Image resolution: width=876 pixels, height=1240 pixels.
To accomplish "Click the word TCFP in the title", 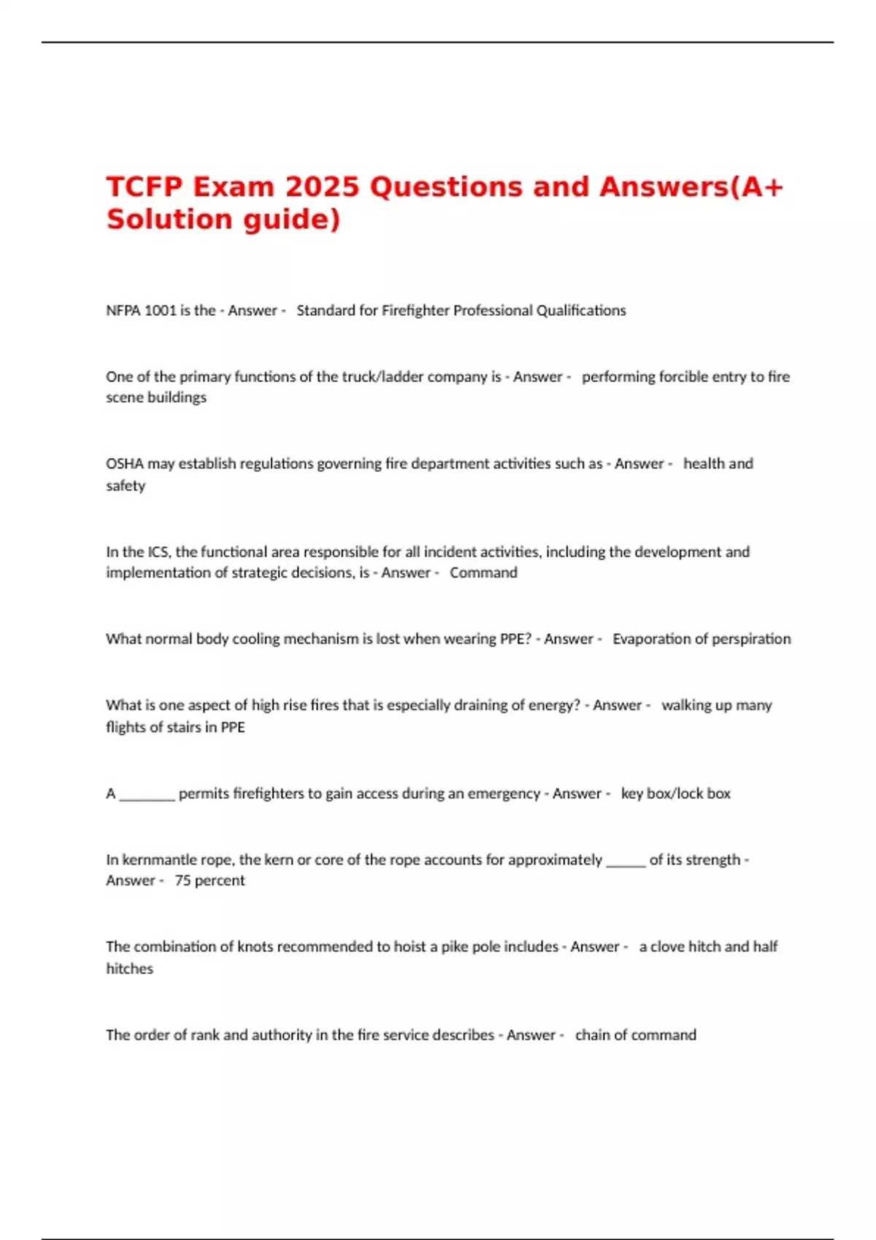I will tap(144, 187).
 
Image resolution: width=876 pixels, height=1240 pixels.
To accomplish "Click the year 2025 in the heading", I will tap(322, 187).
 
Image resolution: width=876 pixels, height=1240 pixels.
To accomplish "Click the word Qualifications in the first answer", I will tap(581, 311).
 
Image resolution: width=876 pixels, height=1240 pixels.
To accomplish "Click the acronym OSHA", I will tap(125, 464).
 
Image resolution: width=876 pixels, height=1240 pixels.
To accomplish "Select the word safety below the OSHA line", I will tap(126, 486).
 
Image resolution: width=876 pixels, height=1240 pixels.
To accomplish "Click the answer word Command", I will tap(483, 573).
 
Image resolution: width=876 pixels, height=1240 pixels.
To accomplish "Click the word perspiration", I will tap(752, 639).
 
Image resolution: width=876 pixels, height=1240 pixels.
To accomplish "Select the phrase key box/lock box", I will tap(675, 794).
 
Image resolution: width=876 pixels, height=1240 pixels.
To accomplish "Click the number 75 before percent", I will tap(182, 880).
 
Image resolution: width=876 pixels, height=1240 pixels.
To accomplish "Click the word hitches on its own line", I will tap(129, 969).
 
